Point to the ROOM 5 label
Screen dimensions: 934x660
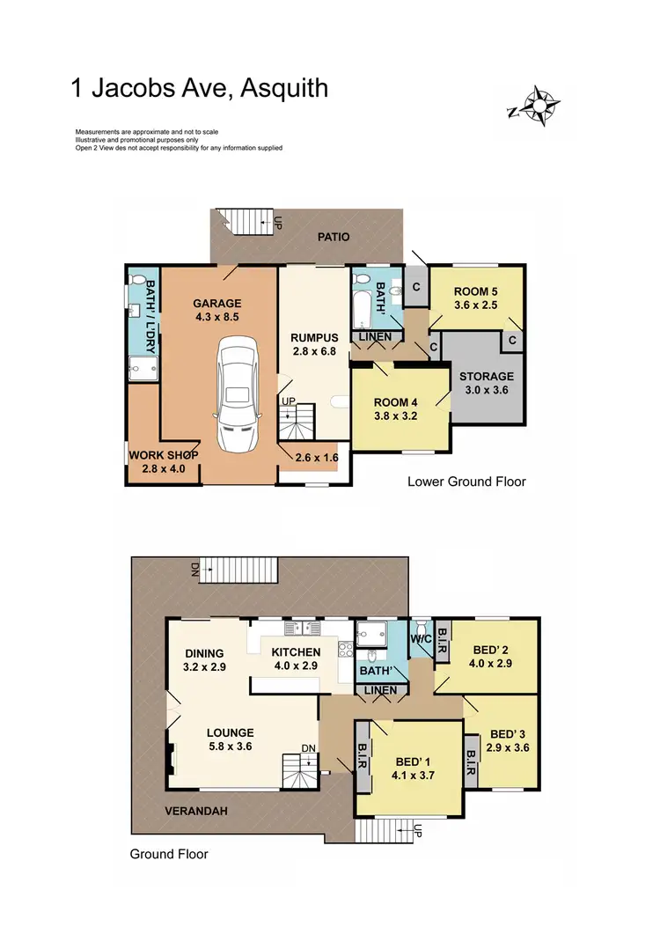476,299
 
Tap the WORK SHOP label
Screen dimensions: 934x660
163,462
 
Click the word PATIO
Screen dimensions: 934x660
334,237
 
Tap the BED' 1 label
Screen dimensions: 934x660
412,769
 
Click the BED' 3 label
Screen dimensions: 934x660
510,741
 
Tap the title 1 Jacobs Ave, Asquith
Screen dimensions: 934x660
200,88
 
